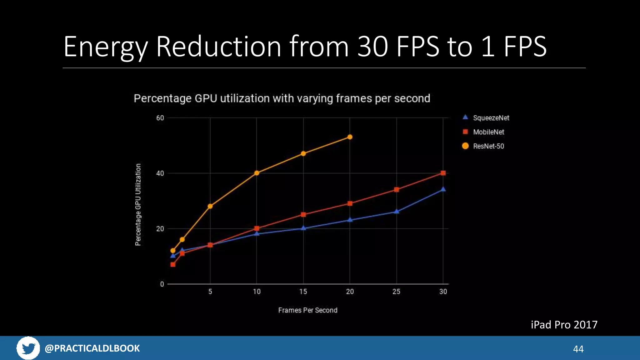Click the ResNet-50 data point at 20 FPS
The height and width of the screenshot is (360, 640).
click(350, 137)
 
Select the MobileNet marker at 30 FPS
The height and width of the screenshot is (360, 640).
click(443, 173)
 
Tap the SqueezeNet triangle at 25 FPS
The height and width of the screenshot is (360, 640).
click(396, 212)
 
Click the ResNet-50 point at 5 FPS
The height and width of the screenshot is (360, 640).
click(210, 206)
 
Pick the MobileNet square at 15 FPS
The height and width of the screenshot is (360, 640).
click(303, 215)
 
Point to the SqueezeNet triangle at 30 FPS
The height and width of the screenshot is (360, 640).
click(443, 189)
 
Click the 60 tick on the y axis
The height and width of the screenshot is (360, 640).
click(160, 118)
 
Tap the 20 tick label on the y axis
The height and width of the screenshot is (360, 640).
click(160, 229)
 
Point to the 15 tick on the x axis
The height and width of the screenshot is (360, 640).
click(303, 292)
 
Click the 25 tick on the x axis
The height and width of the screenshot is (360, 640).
click(396, 292)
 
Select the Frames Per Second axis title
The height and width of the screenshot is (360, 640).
click(307, 310)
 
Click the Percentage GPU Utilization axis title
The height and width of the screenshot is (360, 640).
click(138, 205)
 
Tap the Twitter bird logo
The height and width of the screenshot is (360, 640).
click(28, 348)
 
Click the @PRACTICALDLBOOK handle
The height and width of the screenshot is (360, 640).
click(92, 348)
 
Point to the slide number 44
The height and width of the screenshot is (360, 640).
click(578, 349)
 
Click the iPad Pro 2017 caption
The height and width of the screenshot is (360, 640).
click(564, 325)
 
